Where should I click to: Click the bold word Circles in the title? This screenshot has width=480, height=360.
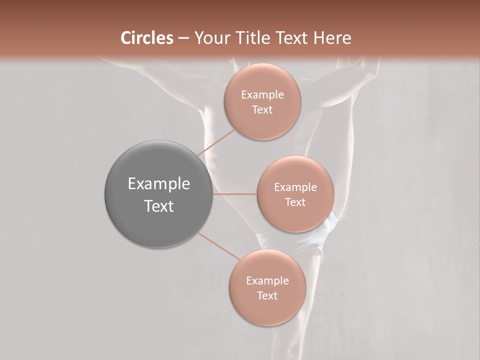147,38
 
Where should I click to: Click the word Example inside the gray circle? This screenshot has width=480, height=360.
159,184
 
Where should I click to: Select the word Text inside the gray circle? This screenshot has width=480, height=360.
159,206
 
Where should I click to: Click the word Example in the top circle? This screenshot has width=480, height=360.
262,95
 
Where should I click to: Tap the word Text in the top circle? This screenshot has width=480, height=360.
262,110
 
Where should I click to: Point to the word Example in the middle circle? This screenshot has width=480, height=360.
295,187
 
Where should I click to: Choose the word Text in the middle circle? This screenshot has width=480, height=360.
295,202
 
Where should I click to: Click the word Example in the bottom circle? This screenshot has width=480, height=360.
267,281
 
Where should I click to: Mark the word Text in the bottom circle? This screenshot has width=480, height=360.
267,296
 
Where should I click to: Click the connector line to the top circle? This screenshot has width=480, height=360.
216,142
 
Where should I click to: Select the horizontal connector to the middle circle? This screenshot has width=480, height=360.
235,194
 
